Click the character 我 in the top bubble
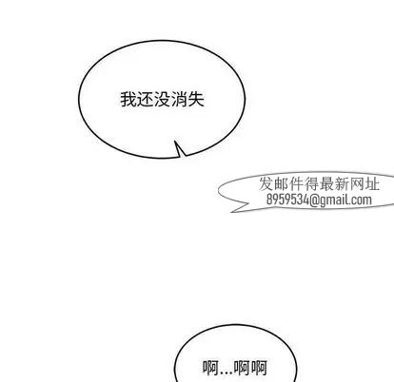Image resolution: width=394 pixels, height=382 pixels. click(128, 100)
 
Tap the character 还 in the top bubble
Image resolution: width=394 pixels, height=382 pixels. click(146, 100)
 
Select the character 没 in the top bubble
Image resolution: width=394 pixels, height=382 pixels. click(162, 100)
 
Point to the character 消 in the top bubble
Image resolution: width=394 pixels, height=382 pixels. click(179, 100)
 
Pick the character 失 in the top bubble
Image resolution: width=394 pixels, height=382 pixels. click(196, 100)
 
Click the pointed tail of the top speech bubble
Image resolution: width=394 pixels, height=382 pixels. click(175, 142)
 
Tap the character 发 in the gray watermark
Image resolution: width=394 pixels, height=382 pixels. click(267, 184)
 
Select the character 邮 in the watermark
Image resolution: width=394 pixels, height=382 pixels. click(282, 184)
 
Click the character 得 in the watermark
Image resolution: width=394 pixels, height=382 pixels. click(312, 184)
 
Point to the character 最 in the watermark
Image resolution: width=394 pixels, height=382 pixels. click(327, 184)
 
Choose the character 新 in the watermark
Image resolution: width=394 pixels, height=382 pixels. click(342, 184)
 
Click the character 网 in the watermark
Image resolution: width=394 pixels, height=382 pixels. click(357, 184)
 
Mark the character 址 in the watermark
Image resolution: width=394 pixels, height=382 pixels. click(372, 184)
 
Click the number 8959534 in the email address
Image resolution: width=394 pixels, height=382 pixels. click(287, 200)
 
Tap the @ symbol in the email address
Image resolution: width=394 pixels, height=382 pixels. click(314, 201)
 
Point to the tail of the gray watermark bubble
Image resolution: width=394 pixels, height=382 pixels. click(232, 211)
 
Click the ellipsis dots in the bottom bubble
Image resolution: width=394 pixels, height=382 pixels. click(226, 373)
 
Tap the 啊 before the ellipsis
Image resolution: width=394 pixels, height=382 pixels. click(210, 368)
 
